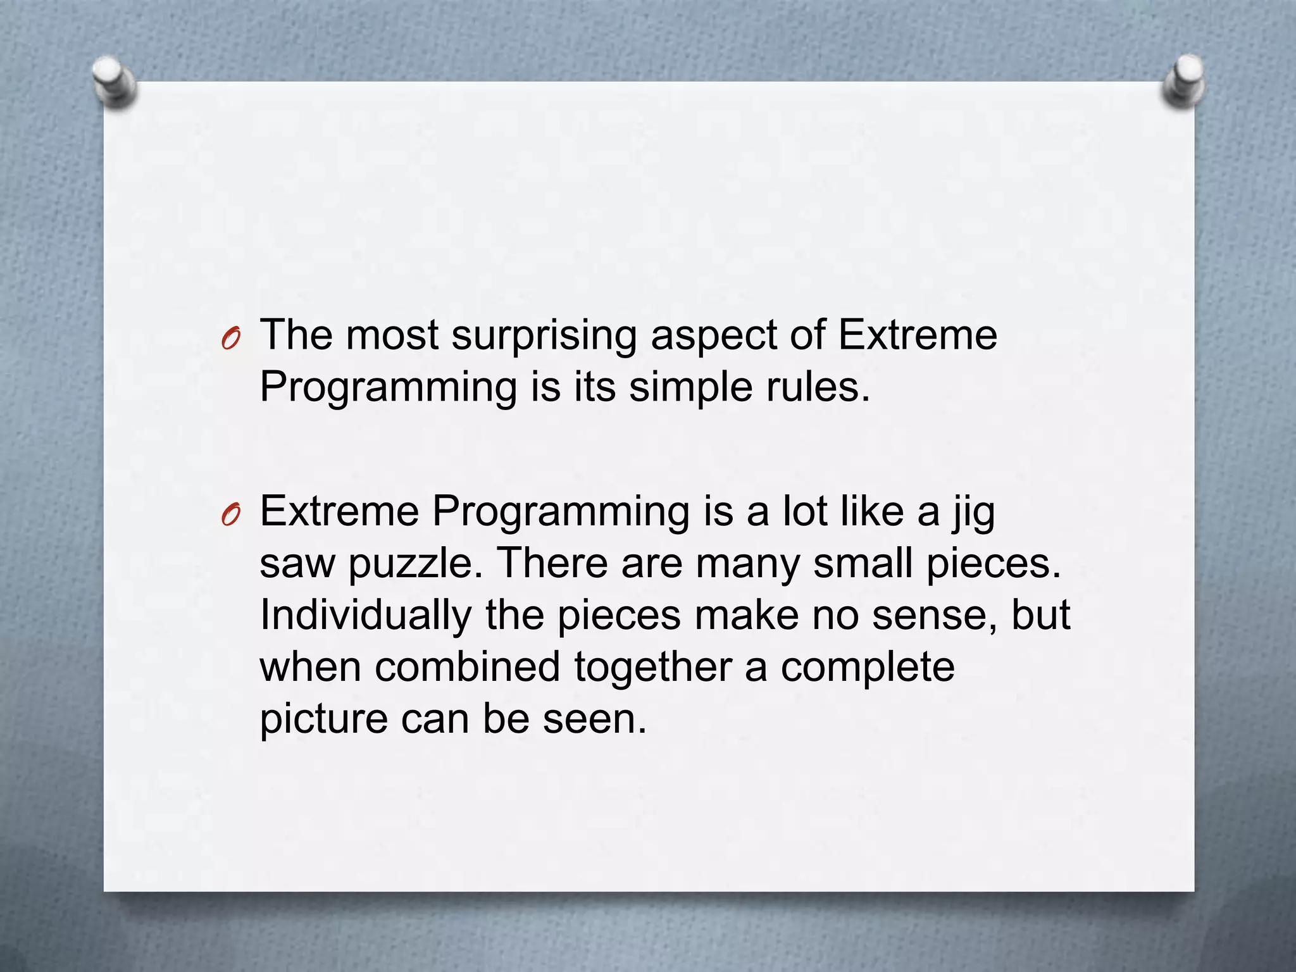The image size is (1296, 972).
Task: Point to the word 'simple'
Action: coord(690,387)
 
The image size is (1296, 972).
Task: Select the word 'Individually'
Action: coord(366,615)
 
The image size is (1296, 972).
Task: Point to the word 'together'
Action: coord(652,667)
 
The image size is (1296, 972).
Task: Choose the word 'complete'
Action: coord(867,667)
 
